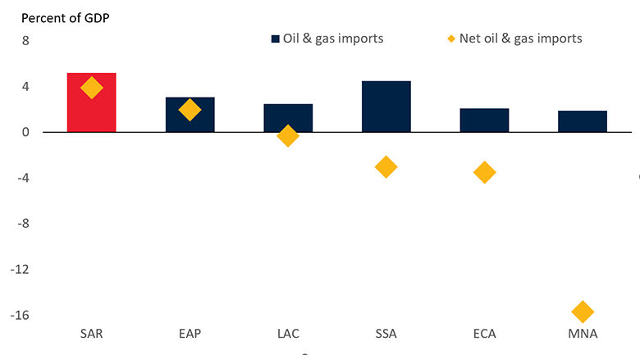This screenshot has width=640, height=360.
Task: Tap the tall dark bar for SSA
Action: click(x=386, y=106)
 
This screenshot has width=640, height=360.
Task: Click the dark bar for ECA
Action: click(x=484, y=120)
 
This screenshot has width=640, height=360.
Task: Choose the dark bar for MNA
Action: click(x=583, y=121)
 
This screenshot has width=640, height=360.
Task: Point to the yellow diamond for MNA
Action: click(x=583, y=312)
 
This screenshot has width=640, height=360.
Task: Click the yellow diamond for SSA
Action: click(x=386, y=167)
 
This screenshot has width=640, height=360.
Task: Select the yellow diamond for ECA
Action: click(x=484, y=172)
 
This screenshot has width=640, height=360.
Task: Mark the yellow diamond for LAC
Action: click(x=288, y=136)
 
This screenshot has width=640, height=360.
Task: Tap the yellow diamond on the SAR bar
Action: click(x=91, y=87)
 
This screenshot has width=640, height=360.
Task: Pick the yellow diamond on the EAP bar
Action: click(x=190, y=110)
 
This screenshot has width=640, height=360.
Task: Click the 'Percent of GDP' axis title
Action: click(x=66, y=17)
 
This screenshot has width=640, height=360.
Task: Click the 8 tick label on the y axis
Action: click(x=25, y=40)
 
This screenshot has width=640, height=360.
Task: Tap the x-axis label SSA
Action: click(x=386, y=335)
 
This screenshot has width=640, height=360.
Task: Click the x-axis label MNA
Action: click(x=583, y=335)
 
